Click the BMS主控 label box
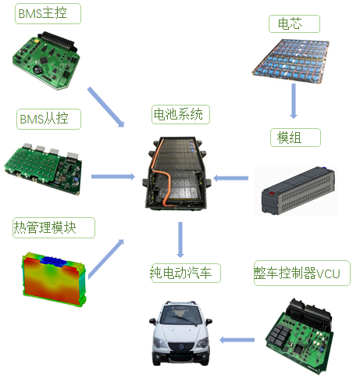click(x=48, y=14)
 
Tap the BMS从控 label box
click(x=48, y=120)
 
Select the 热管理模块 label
click(x=54, y=227)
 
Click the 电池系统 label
click(x=180, y=114)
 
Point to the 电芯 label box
click(x=294, y=23)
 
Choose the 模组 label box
click(x=295, y=138)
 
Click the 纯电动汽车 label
click(x=186, y=273)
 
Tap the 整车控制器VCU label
click(x=302, y=274)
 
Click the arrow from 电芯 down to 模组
click(x=294, y=101)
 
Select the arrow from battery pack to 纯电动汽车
click(x=180, y=240)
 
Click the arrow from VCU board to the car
click(x=237, y=340)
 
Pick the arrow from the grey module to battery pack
click(x=230, y=178)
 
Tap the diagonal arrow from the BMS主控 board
click(x=105, y=107)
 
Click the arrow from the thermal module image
click(x=105, y=259)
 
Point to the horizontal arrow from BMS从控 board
click(x=113, y=177)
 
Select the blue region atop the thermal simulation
click(x=54, y=261)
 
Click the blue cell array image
click(x=290, y=61)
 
